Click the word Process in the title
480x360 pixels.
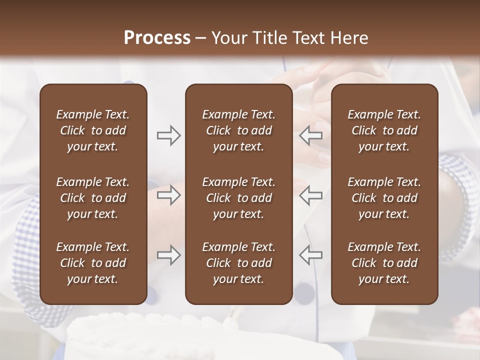point(157,38)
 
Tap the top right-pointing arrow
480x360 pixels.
point(169,135)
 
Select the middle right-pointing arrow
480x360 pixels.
point(169,195)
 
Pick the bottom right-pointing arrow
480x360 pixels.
point(169,255)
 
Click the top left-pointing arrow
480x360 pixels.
point(311,135)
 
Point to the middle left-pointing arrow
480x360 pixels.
point(311,195)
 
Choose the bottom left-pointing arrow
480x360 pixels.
point(311,255)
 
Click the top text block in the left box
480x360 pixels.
point(93,130)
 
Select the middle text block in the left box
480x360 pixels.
point(93,198)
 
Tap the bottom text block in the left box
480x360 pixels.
point(93,263)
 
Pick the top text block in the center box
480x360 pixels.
point(238,130)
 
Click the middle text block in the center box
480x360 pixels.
point(238,198)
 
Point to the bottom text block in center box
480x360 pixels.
point(238,263)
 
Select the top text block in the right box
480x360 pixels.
point(384,130)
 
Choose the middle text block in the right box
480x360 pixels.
point(384,198)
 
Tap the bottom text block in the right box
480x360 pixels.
point(384,263)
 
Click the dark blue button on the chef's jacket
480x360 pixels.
point(304,294)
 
